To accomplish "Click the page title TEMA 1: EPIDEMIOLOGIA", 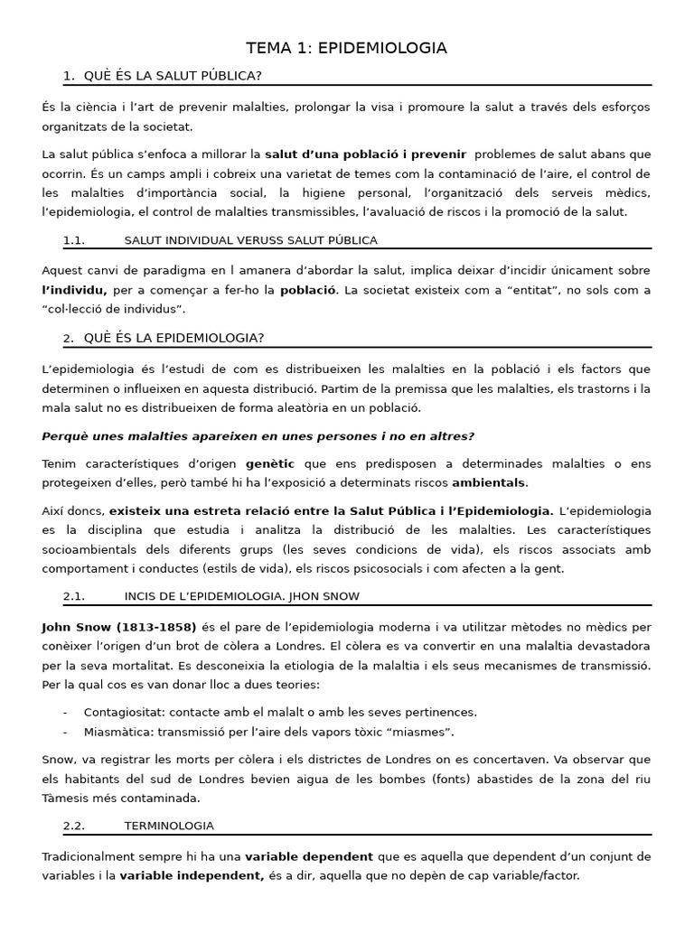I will pos(347,48).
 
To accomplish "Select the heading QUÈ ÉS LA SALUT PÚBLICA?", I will pos(173,75).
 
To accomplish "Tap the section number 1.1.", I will pos(74,240).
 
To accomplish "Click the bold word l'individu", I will pos(74,290).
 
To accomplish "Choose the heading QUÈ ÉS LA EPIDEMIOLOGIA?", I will pos(173,338).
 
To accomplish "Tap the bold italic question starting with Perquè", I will pos(258,436).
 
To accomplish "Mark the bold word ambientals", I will pos(488,483).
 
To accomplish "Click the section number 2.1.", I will pos(74,596).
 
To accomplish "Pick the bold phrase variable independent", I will pos(192,875).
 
